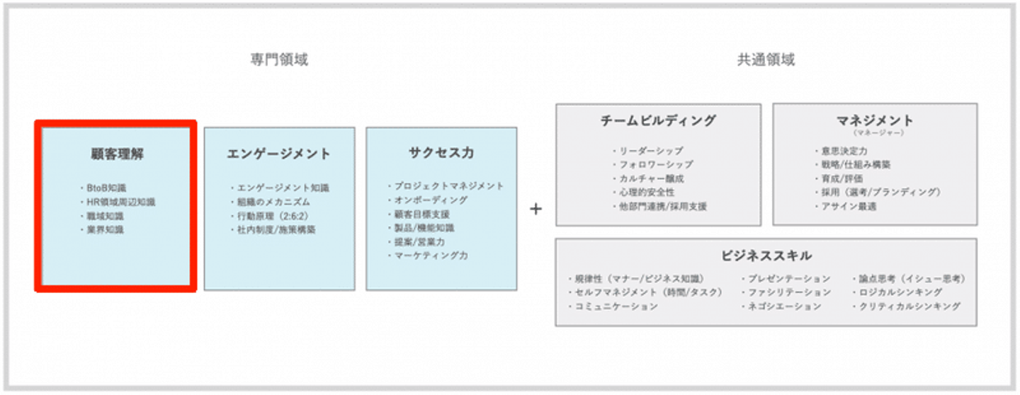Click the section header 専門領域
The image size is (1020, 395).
pos(279,59)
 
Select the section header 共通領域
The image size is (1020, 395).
pos(766,59)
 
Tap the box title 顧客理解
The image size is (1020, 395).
pos(117,154)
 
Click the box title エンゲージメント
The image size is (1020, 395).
pos(279,154)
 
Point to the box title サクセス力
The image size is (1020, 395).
pos(441,152)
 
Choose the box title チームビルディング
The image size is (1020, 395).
pos(658,121)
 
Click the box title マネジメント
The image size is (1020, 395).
pos(875,120)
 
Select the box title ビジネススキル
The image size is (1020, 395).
pos(766,256)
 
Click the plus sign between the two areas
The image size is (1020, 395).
pos(536,210)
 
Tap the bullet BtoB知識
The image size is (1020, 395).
pos(106,188)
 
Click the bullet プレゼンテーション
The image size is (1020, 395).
pos(788,279)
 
